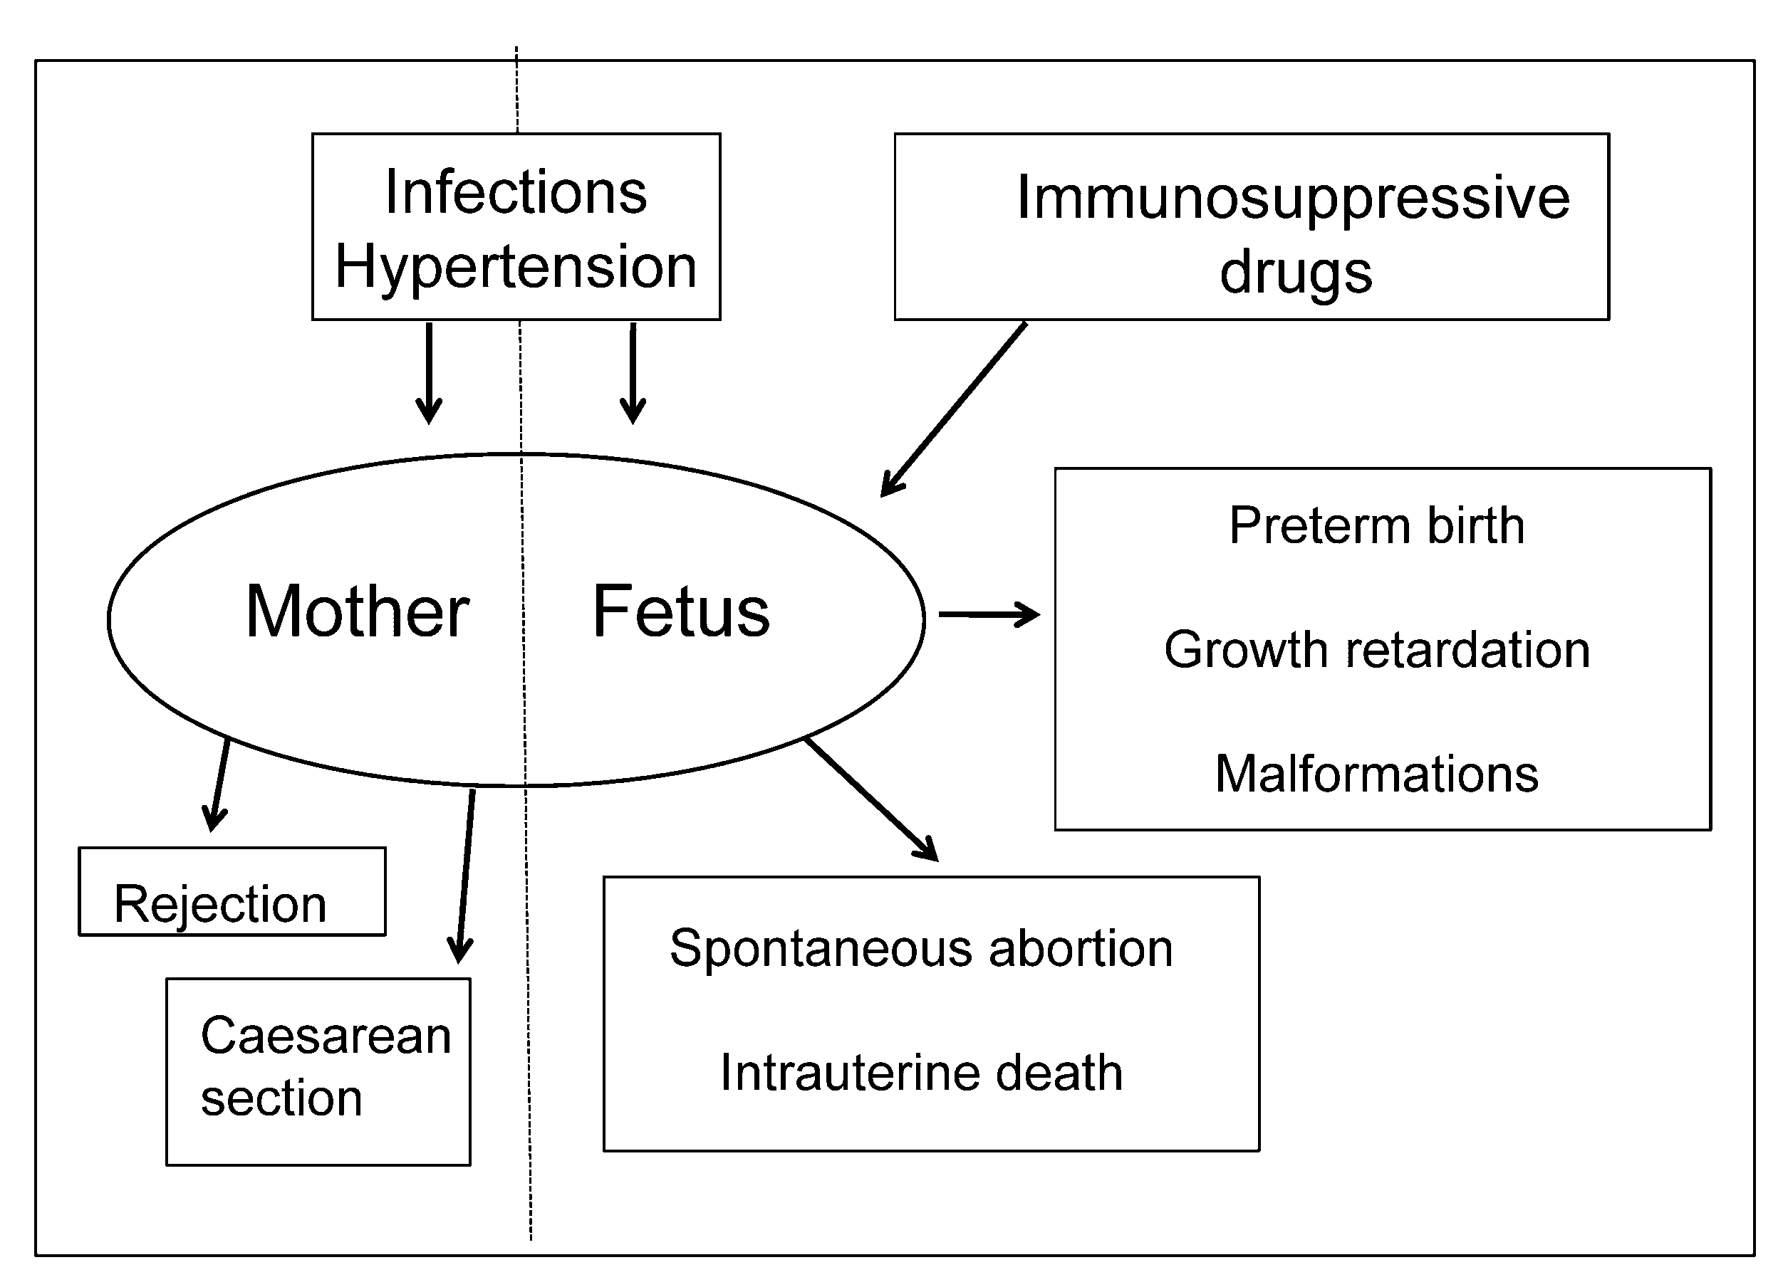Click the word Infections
(x=516, y=192)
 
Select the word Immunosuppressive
(x=1292, y=198)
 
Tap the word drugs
(x=1296, y=272)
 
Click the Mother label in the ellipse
(x=357, y=612)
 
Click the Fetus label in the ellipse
(x=681, y=612)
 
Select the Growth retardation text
(x=1376, y=650)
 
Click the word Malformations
(x=1376, y=774)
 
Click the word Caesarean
(x=326, y=1036)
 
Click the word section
(x=281, y=1098)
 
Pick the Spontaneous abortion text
(x=920, y=947)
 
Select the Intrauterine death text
(x=920, y=1073)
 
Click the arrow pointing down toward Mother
(x=428, y=373)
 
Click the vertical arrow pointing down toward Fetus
(x=633, y=373)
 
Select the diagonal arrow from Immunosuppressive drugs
(x=954, y=409)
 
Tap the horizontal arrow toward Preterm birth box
(x=988, y=614)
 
